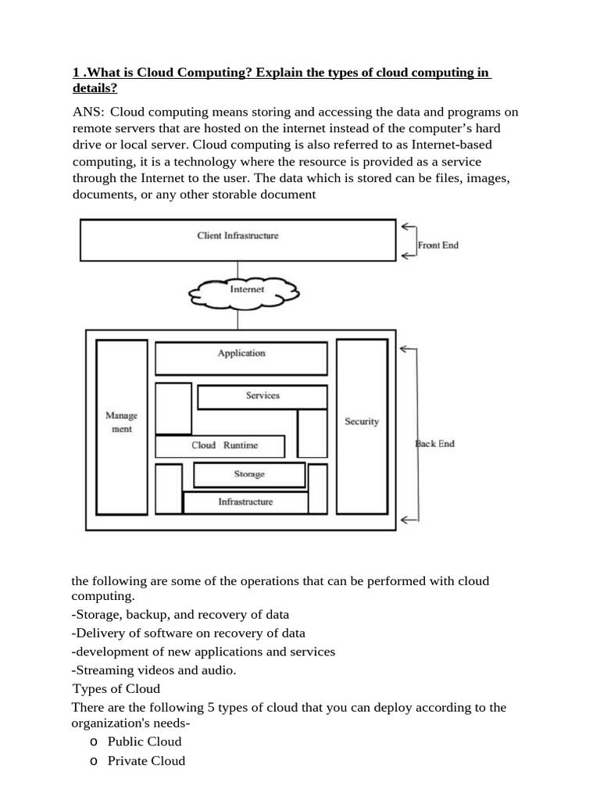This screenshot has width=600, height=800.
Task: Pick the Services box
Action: point(262,396)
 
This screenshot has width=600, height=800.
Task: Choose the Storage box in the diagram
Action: point(249,475)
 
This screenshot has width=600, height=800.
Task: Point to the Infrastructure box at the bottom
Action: point(245,502)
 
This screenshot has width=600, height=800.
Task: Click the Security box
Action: point(362,422)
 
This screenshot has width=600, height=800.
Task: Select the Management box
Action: point(121,423)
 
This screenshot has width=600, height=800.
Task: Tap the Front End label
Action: point(437,245)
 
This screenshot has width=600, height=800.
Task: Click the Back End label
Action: point(434,444)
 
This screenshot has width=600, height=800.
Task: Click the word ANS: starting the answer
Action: point(88,112)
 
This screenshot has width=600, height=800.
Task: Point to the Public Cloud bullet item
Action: point(145,741)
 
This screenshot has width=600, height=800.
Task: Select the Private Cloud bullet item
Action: point(146,761)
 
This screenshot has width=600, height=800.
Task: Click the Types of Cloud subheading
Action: point(116,688)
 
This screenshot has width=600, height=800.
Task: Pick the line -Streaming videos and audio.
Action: point(153,670)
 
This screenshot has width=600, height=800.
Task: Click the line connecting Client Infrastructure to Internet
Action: point(237,270)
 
